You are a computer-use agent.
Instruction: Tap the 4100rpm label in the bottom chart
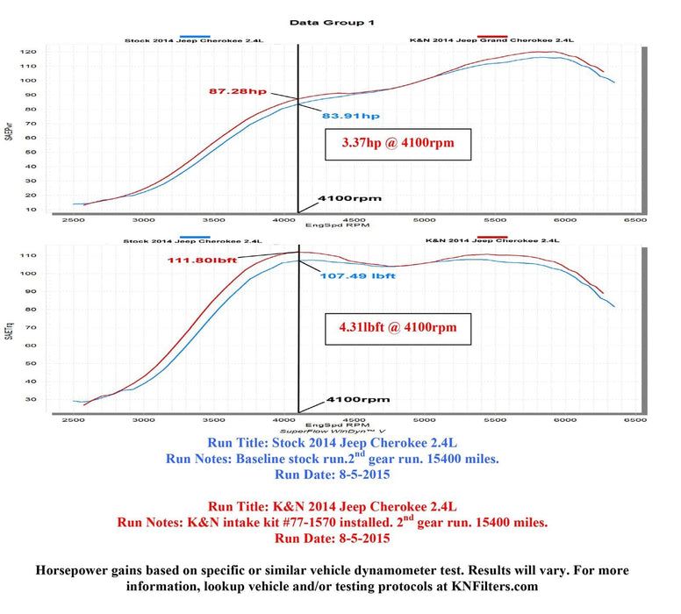click(357, 399)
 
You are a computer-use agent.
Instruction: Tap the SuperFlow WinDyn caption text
click(333, 432)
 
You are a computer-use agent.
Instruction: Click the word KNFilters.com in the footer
click(498, 585)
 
